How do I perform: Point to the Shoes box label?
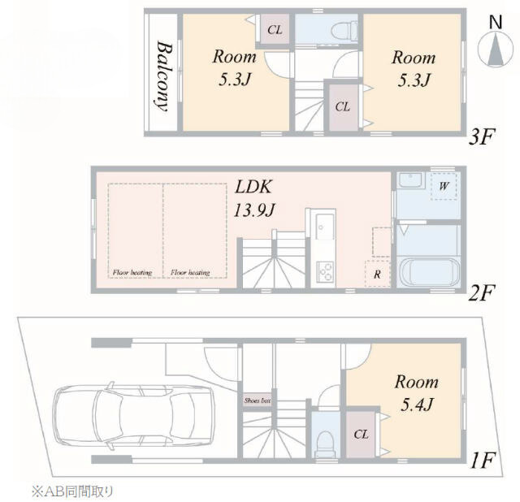point(258,400)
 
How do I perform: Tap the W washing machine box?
point(444,186)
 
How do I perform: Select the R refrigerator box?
point(377,274)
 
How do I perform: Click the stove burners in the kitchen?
point(325,272)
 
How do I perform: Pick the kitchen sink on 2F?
point(324,227)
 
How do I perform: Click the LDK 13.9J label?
point(254,198)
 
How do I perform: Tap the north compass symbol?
point(496,42)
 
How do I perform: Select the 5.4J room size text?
point(417,405)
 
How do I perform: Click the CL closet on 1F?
point(362,435)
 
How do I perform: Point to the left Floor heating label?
point(132,273)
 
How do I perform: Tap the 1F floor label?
point(483,461)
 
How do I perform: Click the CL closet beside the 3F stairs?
point(343,106)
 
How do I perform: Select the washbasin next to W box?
point(411,180)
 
